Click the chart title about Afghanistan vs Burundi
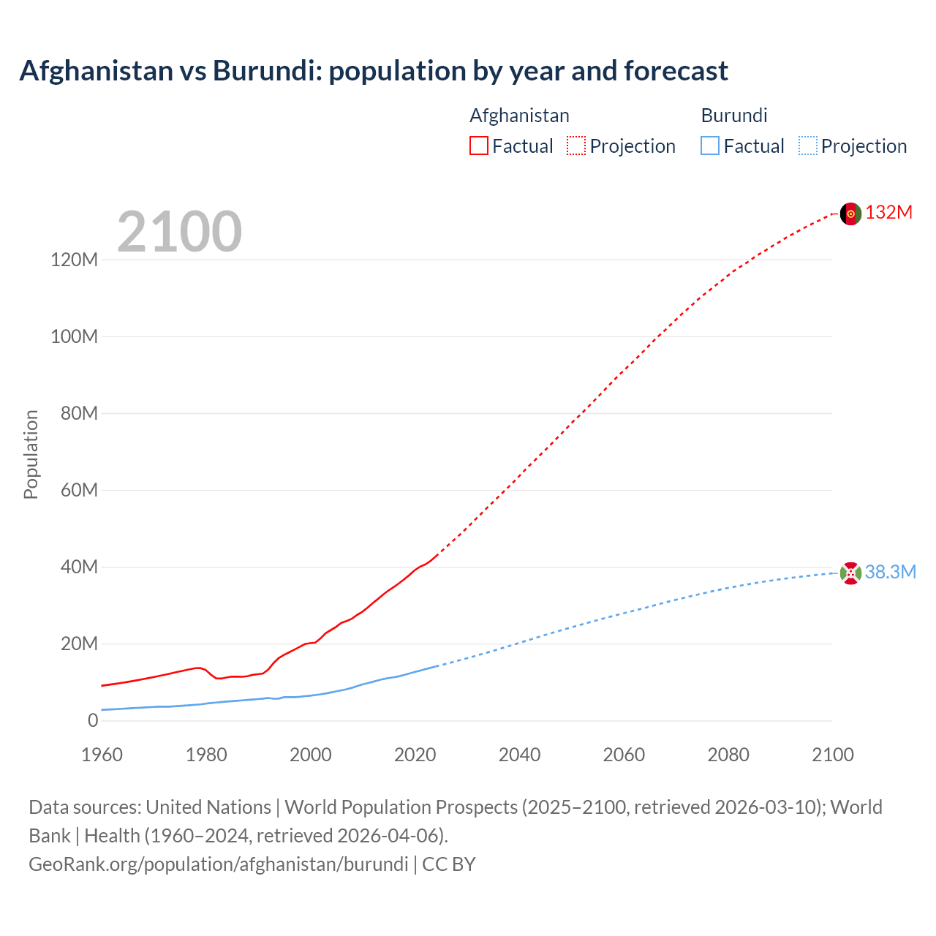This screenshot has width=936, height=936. tap(374, 71)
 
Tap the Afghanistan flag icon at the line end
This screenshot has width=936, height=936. tap(850, 214)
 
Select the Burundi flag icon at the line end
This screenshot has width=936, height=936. tap(850, 573)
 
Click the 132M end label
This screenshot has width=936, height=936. tap(888, 213)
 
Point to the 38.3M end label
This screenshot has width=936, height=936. tap(890, 573)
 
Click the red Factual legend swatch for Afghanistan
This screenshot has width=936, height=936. tap(479, 146)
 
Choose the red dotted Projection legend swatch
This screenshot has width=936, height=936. tap(576, 146)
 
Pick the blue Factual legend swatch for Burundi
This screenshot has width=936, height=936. tap(710, 146)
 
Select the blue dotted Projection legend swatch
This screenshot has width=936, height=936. tap(808, 146)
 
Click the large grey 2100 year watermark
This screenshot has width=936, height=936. tap(179, 232)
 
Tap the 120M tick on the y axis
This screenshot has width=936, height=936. tap(74, 260)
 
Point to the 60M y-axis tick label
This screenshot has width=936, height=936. tap(79, 491)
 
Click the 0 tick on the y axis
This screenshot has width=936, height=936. tap(93, 721)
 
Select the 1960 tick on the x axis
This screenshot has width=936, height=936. tap(102, 755)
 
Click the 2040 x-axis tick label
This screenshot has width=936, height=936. tap(519, 755)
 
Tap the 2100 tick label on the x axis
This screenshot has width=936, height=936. tap(832, 755)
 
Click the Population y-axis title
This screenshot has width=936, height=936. tap(31, 454)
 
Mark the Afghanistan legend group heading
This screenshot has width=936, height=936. tap(519, 116)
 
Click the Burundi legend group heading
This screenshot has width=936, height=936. tap(734, 116)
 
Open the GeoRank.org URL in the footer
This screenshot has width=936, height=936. tap(218, 864)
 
